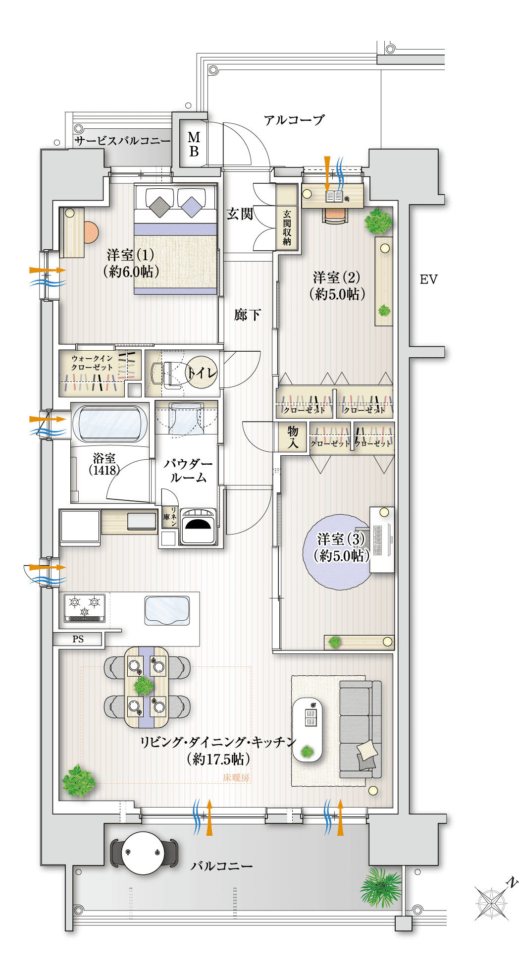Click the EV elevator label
[428, 279]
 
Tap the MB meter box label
[194, 144]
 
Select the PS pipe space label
[78, 639]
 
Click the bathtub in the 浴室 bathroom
[110, 424]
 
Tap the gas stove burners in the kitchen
[85, 607]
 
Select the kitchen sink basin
[167, 611]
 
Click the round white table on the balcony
[143, 853]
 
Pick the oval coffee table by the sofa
[307, 729]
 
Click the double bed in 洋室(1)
[175, 240]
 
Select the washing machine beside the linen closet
[198, 527]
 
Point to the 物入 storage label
[293, 437]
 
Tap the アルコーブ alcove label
[294, 120]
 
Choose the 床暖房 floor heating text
[236, 777]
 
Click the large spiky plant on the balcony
[381, 886]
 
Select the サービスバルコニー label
[122, 141]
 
